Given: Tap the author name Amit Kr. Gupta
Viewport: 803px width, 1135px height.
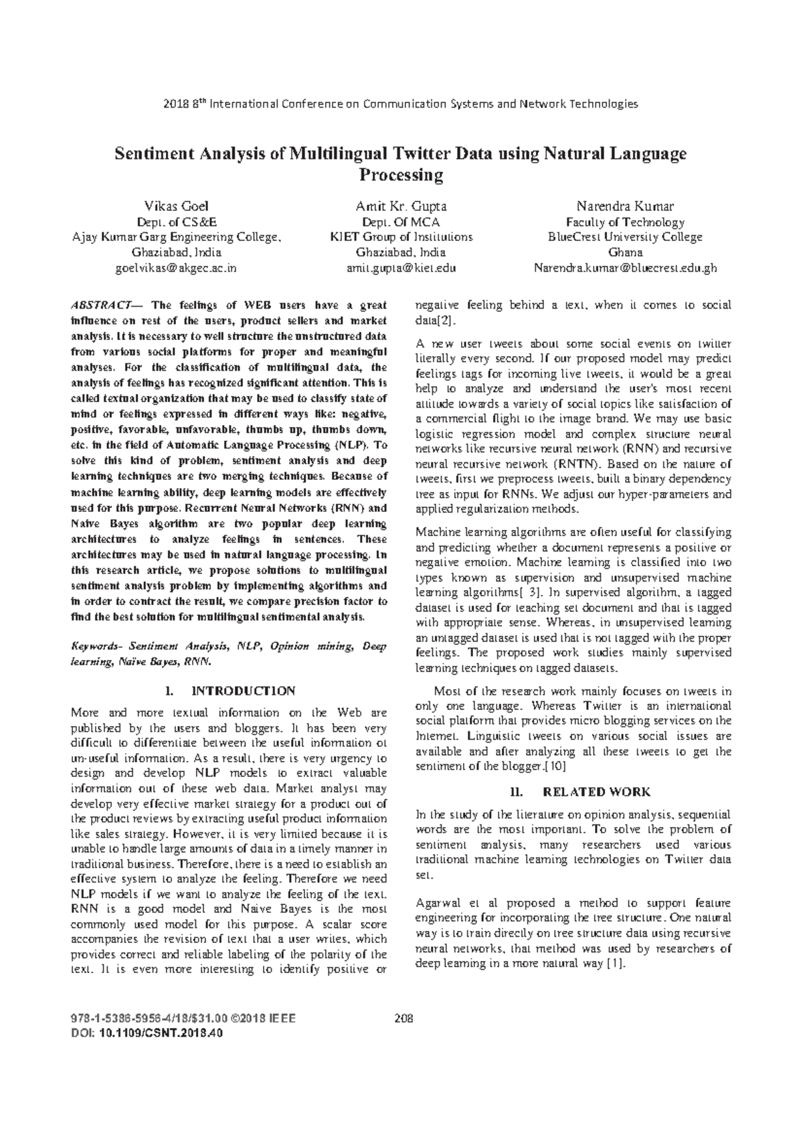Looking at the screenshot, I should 401,205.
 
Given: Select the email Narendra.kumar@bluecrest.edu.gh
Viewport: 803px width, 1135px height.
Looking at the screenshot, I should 625,268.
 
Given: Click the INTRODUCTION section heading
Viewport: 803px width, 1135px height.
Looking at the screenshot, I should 243,691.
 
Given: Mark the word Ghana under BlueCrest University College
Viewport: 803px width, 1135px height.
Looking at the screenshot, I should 625,253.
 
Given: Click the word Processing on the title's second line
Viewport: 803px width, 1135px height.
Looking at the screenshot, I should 401,175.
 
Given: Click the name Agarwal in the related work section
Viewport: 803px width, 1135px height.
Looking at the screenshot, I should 436,903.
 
